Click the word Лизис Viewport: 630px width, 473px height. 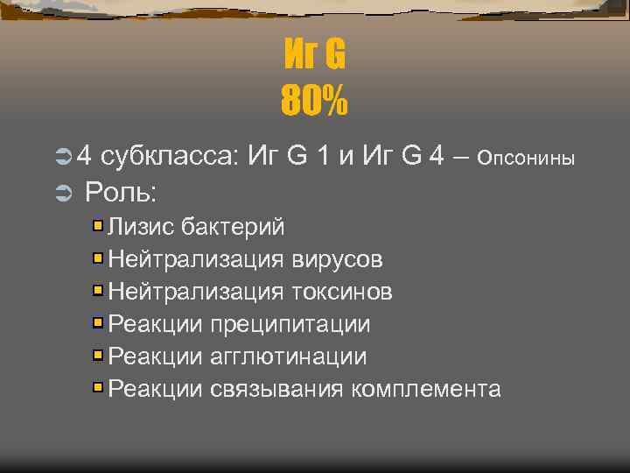coord(142,227)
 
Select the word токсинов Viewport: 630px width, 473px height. coord(342,292)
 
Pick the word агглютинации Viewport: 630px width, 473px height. coord(289,357)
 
